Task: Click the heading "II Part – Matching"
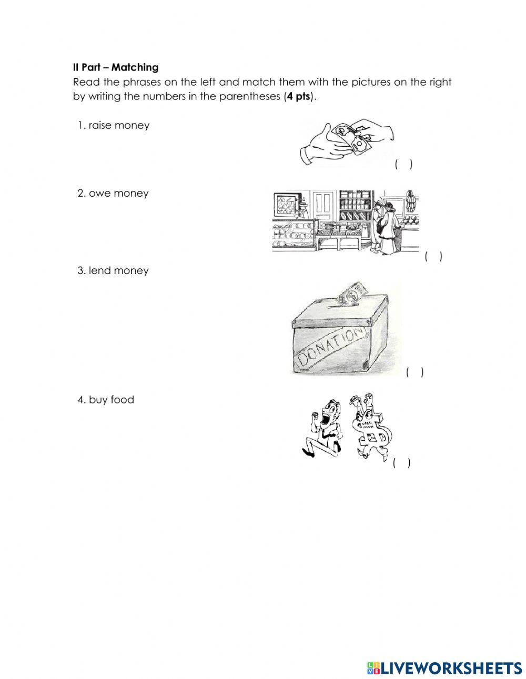tap(115, 67)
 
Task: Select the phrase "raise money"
tap(119, 125)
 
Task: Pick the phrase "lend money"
tap(118, 270)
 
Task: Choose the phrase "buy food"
tap(112, 400)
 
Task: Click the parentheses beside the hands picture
tap(403, 165)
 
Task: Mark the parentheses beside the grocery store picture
tap(433, 257)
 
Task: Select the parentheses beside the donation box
tap(414, 372)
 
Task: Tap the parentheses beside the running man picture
tap(401, 463)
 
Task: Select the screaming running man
tap(323, 429)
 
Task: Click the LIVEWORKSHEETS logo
tap(444, 667)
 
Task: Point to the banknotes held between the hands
tap(351, 136)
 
